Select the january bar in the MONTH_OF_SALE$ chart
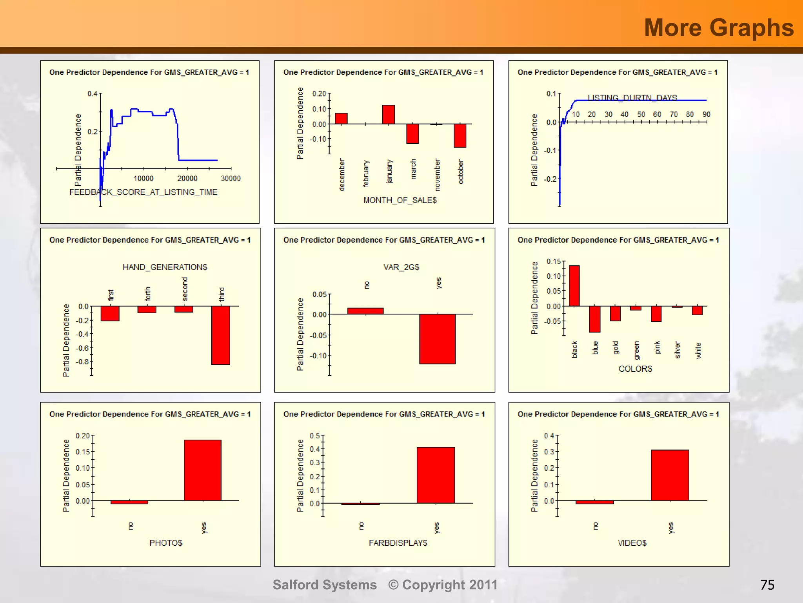(x=388, y=115)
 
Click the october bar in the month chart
(x=460, y=135)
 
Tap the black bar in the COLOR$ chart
(x=574, y=286)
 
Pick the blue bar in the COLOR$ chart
(x=594, y=319)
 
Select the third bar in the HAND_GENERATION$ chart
(x=220, y=335)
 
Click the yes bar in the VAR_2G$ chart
(x=437, y=339)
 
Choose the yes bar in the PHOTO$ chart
(x=202, y=470)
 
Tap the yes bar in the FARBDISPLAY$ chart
(x=435, y=475)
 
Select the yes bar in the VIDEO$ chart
(x=670, y=475)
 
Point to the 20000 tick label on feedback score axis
(x=187, y=179)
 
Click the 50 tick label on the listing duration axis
(x=641, y=114)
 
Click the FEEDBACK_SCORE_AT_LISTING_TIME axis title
(x=143, y=192)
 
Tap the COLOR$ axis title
(x=635, y=369)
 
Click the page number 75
(x=767, y=585)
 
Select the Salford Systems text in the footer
(x=325, y=585)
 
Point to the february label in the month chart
(x=366, y=173)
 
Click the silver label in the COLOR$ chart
(x=677, y=350)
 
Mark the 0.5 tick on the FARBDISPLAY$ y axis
(x=314, y=436)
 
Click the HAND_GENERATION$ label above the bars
(x=165, y=267)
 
